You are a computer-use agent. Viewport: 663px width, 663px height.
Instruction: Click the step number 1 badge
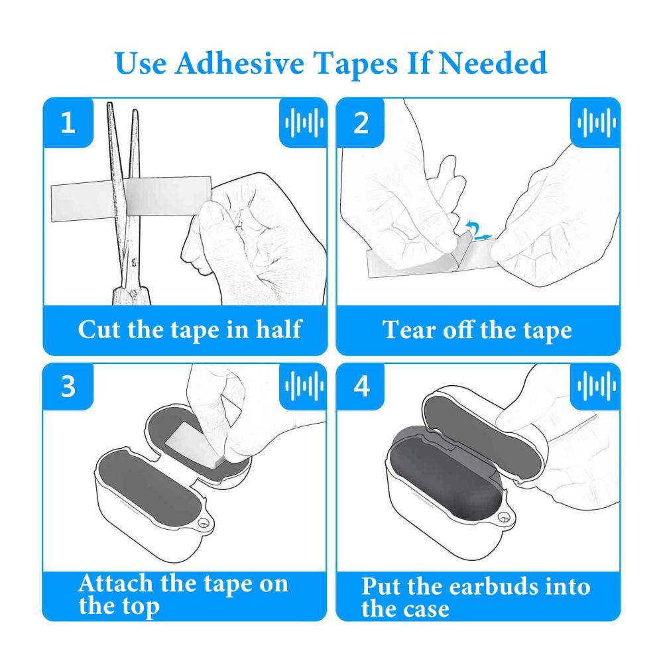(68, 123)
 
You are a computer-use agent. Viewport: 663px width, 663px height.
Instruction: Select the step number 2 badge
(361, 123)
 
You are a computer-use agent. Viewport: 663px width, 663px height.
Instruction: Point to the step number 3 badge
(68, 386)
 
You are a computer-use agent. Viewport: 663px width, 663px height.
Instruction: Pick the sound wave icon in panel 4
(597, 386)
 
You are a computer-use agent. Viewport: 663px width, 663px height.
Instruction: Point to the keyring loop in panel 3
(204, 522)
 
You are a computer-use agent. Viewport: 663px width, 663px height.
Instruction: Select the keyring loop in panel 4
(505, 516)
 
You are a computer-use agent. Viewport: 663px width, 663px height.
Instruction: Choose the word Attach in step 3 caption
(115, 583)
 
